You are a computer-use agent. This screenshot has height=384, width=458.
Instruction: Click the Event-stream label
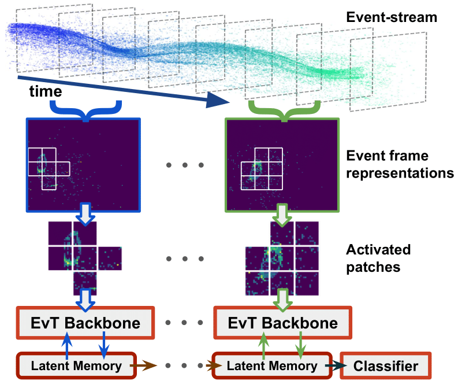point(392,17)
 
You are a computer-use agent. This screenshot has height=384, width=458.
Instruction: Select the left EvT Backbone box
point(85,322)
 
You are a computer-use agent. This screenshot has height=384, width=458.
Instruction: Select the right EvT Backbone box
point(284,322)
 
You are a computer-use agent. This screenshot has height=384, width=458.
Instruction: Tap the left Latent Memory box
point(76,365)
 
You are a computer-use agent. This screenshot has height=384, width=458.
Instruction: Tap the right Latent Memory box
point(272,365)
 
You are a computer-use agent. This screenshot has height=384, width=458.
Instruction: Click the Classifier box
point(386,365)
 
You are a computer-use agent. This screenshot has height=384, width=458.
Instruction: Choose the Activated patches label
point(378,258)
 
